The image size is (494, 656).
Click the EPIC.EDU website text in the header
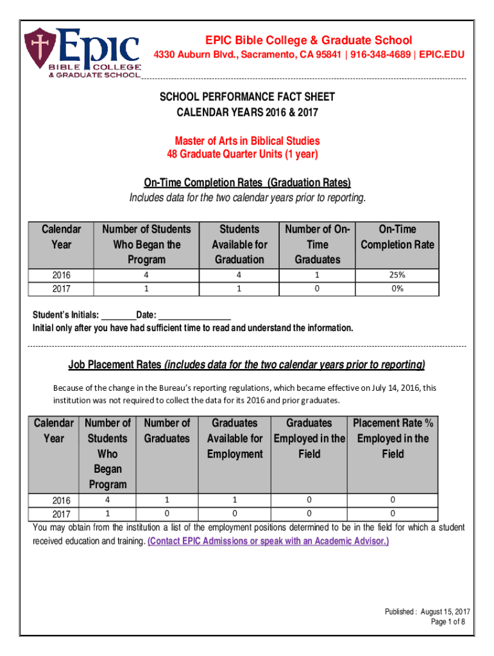pyautogui.click(x=441, y=55)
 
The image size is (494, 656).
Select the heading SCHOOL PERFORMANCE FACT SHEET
pyautogui.click(x=247, y=97)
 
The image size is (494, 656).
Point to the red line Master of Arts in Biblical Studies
pyautogui.click(x=247, y=141)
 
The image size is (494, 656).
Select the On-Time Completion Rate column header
pyautogui.click(x=398, y=237)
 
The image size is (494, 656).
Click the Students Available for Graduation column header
pyautogui.click(x=239, y=244)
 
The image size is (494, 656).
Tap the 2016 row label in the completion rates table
pyautogui.click(x=62, y=275)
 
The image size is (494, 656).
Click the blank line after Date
pyautogui.click(x=194, y=316)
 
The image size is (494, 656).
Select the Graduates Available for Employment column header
pyautogui.click(x=234, y=438)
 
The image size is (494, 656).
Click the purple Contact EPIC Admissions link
pyautogui.click(x=268, y=541)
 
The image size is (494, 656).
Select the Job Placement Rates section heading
pyautogui.click(x=247, y=365)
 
